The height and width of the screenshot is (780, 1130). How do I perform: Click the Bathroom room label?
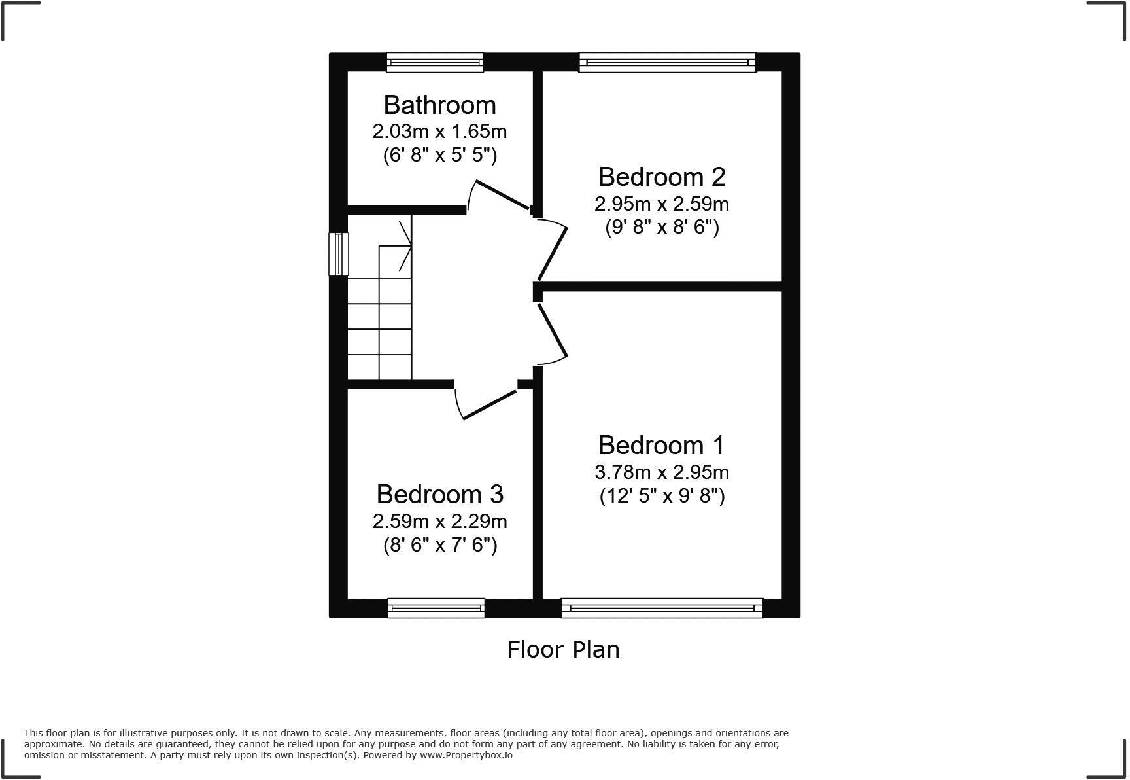click(439, 105)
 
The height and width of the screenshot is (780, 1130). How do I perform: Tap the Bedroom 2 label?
click(661, 177)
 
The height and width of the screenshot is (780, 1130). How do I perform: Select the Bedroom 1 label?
click(661, 445)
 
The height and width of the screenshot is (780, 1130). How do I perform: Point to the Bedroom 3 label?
click(439, 494)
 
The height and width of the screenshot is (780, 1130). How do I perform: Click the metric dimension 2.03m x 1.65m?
click(439, 132)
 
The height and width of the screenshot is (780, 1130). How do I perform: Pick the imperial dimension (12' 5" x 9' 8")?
click(662, 496)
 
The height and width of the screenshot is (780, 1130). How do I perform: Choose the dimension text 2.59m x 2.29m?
click(439, 522)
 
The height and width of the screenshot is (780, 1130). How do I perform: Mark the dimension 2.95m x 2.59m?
click(661, 204)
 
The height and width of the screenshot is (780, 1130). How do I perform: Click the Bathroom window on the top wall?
click(435, 62)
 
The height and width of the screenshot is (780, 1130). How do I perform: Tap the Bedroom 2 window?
click(667, 62)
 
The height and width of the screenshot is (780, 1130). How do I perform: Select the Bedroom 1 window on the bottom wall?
click(662, 608)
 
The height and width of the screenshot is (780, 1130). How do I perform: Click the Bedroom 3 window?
click(436, 608)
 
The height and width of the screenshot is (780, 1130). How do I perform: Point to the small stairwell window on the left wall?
click(338, 254)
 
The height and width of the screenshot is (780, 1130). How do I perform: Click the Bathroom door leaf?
click(502, 194)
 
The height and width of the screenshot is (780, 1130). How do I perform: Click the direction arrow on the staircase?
click(405, 245)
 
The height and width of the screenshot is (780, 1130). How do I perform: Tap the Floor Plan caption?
click(563, 650)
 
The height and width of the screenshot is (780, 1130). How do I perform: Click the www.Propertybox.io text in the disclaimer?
click(466, 755)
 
